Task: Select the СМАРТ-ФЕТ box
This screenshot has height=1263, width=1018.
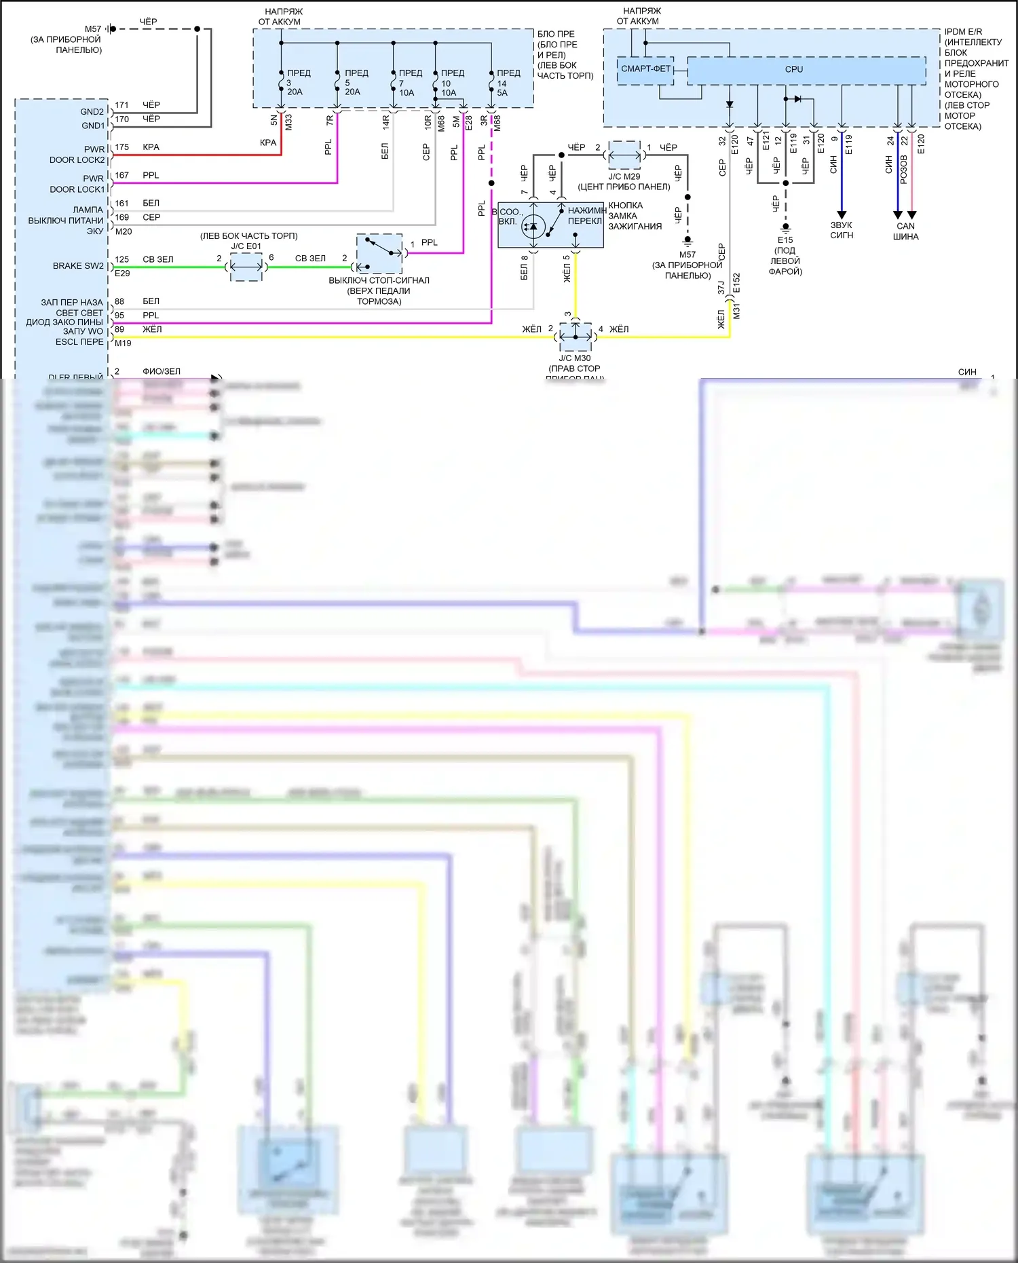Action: [x=645, y=69]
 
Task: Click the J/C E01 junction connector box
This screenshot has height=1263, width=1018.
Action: [x=246, y=267]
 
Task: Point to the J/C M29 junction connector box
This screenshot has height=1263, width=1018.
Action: [x=624, y=155]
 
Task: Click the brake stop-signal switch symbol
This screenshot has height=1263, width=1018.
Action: [x=379, y=253]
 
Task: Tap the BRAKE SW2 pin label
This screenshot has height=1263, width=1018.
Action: [x=78, y=266]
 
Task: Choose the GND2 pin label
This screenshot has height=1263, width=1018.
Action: [x=92, y=112]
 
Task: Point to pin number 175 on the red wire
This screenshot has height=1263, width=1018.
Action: [x=122, y=147]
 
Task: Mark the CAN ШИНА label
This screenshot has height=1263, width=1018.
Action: [x=905, y=231]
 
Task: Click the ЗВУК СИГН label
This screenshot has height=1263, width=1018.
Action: [x=842, y=230]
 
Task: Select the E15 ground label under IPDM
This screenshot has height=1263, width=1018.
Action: [x=785, y=240]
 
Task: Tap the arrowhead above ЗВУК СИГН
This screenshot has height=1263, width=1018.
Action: [x=842, y=214]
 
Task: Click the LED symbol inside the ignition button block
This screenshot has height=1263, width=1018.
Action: [x=533, y=227]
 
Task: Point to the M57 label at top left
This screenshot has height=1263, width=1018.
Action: [x=93, y=29]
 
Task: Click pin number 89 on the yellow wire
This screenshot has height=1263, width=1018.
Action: [x=119, y=329]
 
